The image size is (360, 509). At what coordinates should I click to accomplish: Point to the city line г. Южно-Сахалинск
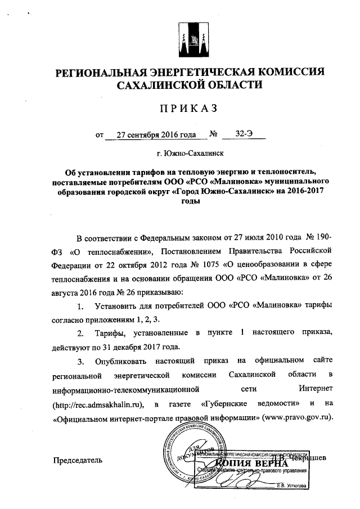click(190, 152)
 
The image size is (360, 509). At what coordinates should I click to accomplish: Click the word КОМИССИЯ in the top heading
click(289, 72)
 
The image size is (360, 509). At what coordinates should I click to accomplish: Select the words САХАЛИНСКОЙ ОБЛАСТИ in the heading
click(190, 85)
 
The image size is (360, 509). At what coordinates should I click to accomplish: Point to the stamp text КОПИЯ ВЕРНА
click(263, 462)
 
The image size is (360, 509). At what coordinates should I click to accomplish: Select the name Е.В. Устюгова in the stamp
click(291, 485)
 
